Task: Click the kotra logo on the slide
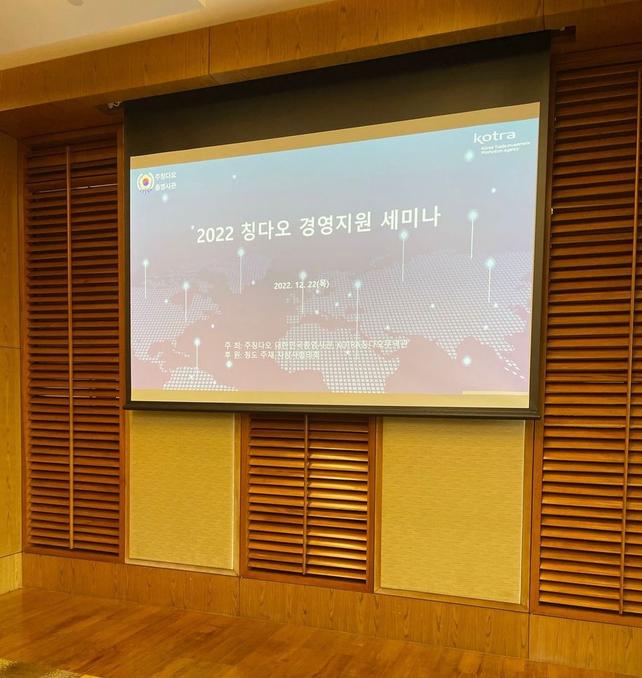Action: [494, 137]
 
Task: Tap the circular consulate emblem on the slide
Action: [145, 182]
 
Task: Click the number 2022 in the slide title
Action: [214, 234]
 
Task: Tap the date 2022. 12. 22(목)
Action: [302, 284]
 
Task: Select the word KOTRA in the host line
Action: [352, 344]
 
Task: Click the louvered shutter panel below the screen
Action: [307, 497]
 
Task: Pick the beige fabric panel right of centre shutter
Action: [452, 508]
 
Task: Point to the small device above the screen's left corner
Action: [114, 105]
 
